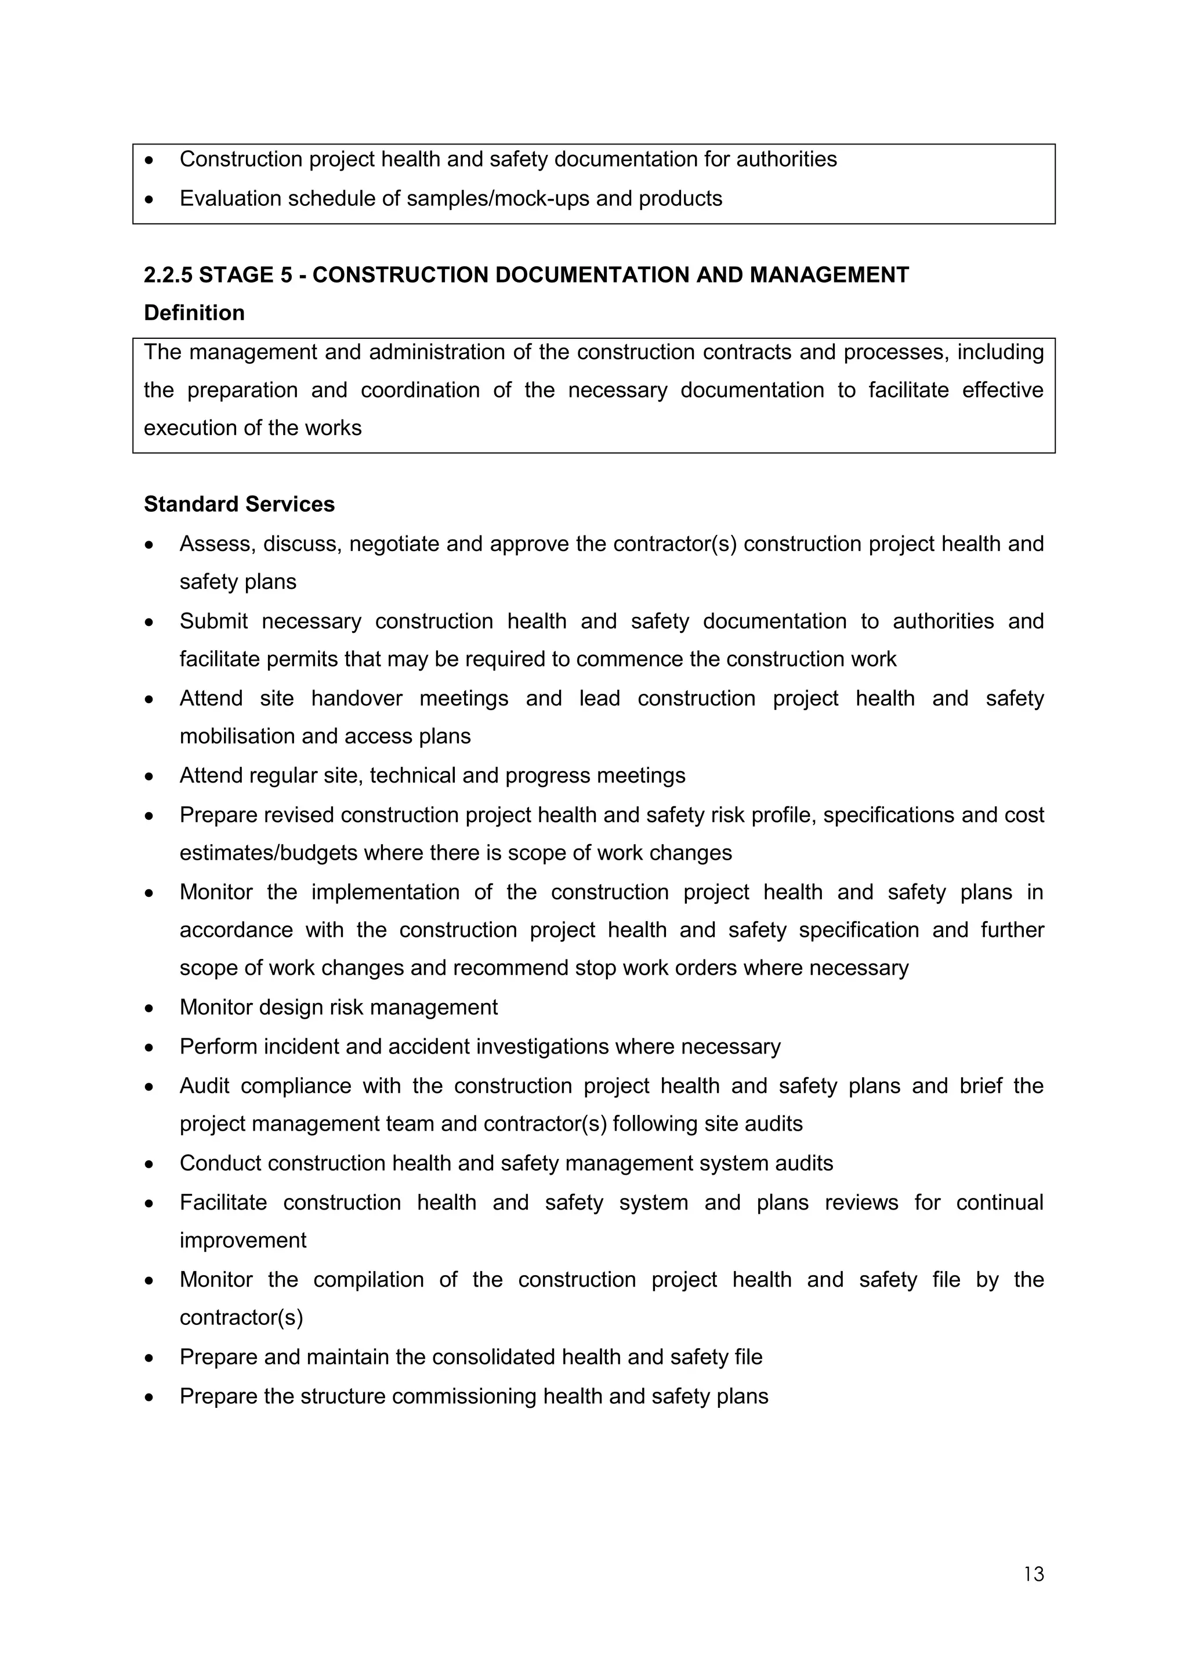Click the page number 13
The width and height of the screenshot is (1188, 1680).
tap(1034, 1574)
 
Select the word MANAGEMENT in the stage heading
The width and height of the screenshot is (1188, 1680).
tap(829, 275)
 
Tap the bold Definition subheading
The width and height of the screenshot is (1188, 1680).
tap(194, 313)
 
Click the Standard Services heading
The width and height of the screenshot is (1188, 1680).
tap(238, 504)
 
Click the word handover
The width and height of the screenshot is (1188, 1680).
tap(356, 699)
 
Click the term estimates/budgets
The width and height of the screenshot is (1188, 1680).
tap(269, 853)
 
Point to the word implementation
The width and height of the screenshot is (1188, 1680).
tap(384, 892)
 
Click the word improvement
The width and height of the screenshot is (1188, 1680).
tap(243, 1241)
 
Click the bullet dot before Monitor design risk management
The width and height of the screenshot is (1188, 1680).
tap(149, 1008)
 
